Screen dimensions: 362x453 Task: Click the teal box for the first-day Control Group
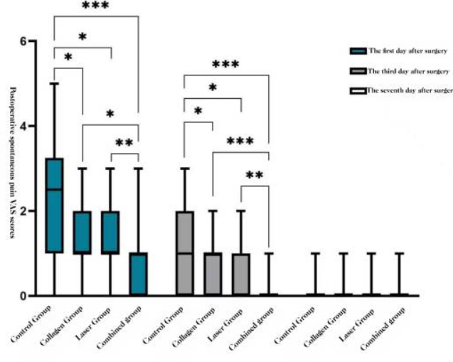click(54, 206)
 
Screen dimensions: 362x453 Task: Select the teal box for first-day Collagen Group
click(82, 233)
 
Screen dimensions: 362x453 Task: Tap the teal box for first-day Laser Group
click(110, 233)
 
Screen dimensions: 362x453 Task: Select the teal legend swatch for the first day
click(358, 50)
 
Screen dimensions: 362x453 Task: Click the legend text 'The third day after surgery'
click(408, 71)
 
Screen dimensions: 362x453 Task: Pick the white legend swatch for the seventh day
click(358, 91)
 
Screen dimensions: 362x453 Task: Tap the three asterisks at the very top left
click(95, 6)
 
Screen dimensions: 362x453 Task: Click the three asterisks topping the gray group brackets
click(225, 64)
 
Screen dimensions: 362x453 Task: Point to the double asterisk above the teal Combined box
click(124, 142)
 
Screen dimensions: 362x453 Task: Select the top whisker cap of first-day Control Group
click(54, 84)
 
